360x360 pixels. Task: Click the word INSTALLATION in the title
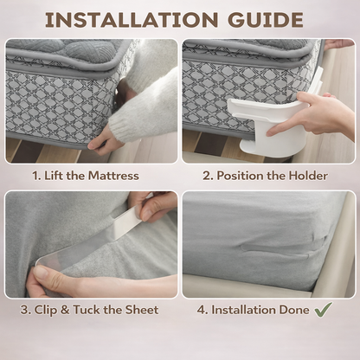132,20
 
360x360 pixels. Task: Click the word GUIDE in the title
265,20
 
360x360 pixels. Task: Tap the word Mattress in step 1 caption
113,176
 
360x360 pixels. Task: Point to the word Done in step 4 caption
294,310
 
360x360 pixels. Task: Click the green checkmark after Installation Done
324,310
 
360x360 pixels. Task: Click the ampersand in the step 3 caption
65,310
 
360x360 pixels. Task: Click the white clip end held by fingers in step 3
125,223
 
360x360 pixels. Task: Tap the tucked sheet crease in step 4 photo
284,245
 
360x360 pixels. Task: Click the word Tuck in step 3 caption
87,310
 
